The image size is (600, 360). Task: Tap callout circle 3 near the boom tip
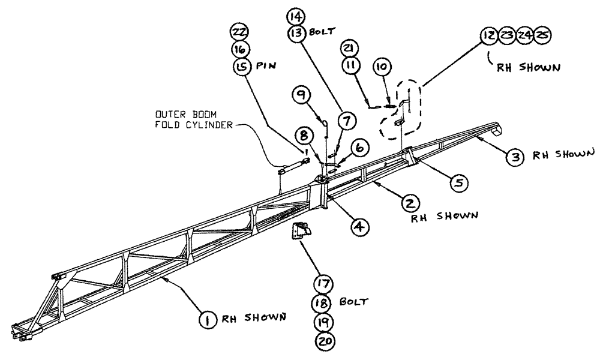pyautogui.click(x=514, y=157)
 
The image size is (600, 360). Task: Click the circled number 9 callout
pyautogui.click(x=302, y=95)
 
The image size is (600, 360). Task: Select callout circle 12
pyautogui.click(x=490, y=35)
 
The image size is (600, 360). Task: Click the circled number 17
pyautogui.click(x=325, y=282)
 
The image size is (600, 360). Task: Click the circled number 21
pyautogui.click(x=352, y=46)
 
